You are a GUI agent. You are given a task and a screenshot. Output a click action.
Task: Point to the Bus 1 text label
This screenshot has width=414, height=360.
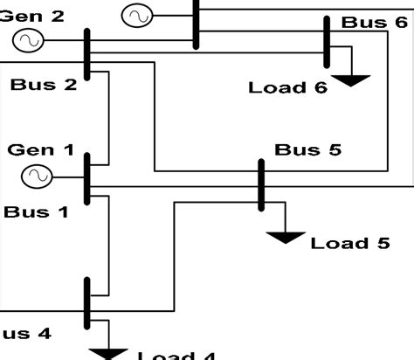[36, 211]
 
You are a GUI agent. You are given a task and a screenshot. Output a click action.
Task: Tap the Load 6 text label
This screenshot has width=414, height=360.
[289, 87]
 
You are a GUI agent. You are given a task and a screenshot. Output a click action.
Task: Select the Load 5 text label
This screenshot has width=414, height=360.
[349, 242]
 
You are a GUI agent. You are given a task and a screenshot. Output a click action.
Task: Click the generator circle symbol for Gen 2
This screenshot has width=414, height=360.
[26, 40]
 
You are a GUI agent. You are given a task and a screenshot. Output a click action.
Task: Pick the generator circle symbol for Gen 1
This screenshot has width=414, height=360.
[37, 177]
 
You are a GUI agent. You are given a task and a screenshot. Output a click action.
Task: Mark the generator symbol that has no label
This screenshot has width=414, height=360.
[136, 16]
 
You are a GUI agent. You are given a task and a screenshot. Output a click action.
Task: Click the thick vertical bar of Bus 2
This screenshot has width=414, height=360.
[87, 54]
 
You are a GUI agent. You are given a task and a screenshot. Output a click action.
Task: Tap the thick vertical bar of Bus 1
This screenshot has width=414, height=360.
[87, 179]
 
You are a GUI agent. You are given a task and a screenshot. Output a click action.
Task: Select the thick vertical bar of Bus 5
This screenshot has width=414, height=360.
[260, 184]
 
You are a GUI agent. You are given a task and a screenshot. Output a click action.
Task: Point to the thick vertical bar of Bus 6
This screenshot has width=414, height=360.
[327, 41]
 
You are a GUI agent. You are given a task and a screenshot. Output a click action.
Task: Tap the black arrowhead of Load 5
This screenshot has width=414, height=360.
[286, 238]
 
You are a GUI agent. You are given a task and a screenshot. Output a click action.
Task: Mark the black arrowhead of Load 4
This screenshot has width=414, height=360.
[110, 354]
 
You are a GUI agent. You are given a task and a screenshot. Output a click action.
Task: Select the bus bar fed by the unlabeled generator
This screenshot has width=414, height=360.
[197, 22]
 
